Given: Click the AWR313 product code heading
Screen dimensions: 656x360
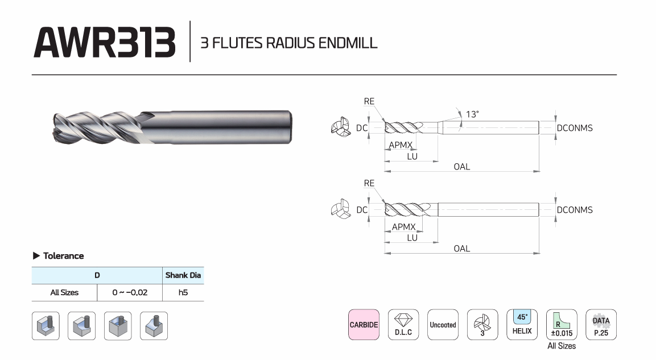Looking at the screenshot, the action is coord(105,42).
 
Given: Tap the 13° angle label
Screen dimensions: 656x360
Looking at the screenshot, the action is coord(472,114).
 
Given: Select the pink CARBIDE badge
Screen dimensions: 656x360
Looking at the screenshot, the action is coord(364,325).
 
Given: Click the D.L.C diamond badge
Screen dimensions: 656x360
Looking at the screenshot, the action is coord(403,325).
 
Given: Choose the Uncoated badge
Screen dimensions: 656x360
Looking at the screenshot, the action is coord(443,325).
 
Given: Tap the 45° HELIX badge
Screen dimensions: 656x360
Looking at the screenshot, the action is coord(522,325).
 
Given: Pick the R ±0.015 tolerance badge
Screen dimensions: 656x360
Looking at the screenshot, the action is coord(562,325).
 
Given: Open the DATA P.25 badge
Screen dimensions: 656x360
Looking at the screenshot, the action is coord(601,325).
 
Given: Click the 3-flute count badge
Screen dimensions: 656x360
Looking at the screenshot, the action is coord(482,325).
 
